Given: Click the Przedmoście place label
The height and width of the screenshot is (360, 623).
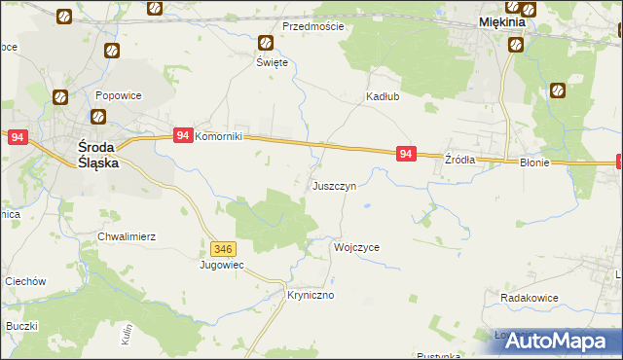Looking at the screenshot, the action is [x=312, y=26].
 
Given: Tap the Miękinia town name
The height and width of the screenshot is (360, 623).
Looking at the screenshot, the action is [x=502, y=21].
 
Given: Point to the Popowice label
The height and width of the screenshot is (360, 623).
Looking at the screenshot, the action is [x=120, y=96].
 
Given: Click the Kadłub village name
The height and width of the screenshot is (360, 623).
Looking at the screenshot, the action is [x=384, y=96].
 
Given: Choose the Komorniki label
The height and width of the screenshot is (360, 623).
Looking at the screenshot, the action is [x=225, y=137].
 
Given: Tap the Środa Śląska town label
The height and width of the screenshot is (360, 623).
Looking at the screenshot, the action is [x=98, y=156].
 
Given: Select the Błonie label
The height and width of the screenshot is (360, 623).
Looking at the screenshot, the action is [x=534, y=163].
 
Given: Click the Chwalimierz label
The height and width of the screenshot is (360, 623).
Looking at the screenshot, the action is [x=126, y=236].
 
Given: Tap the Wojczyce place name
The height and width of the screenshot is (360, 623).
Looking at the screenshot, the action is [x=356, y=247].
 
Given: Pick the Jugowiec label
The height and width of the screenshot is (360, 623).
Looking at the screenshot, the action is [x=221, y=265].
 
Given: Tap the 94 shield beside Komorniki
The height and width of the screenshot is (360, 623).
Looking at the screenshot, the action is [x=182, y=136].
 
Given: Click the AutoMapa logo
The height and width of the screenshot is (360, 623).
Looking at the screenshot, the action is [x=561, y=341].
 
